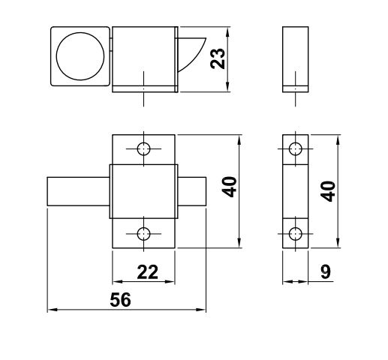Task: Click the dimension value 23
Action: coord(218,58)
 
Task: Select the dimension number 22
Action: coord(147,272)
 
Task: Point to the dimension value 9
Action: coord(325,271)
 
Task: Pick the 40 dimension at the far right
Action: coord(327,190)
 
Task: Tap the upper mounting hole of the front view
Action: coord(143,148)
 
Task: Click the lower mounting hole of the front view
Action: coord(143,234)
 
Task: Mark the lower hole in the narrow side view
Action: coord(296,234)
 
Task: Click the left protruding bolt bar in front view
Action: coord(78,190)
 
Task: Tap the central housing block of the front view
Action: coord(143,190)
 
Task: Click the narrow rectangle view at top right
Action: coord(296,58)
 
